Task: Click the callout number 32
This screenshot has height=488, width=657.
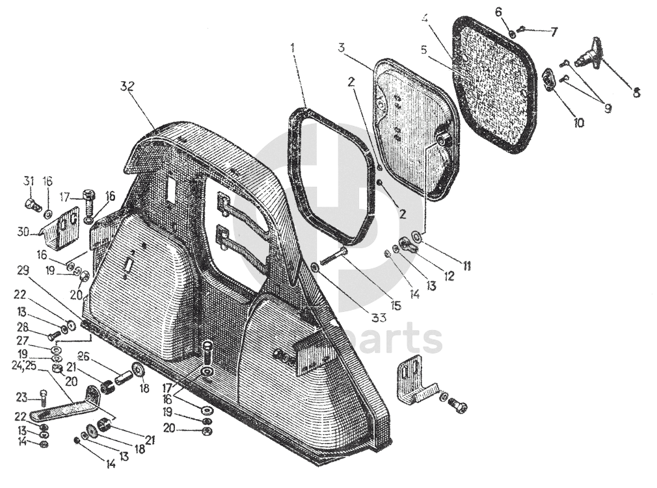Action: [x=127, y=86]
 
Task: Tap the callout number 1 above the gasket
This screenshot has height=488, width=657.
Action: [x=294, y=47]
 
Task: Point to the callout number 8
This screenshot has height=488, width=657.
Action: [x=636, y=92]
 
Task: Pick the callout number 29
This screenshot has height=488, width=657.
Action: [x=23, y=270]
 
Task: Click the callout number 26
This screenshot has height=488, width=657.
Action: [x=83, y=355]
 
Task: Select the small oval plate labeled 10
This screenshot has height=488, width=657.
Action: [x=548, y=81]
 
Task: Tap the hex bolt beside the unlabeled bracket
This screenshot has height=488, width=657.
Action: [x=457, y=406]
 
